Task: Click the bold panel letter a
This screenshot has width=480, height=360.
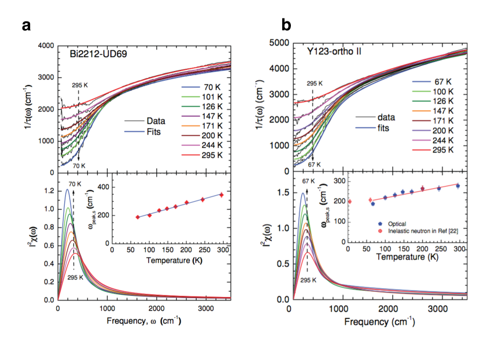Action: click(26, 25)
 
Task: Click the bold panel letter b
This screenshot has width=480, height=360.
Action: click(286, 25)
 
